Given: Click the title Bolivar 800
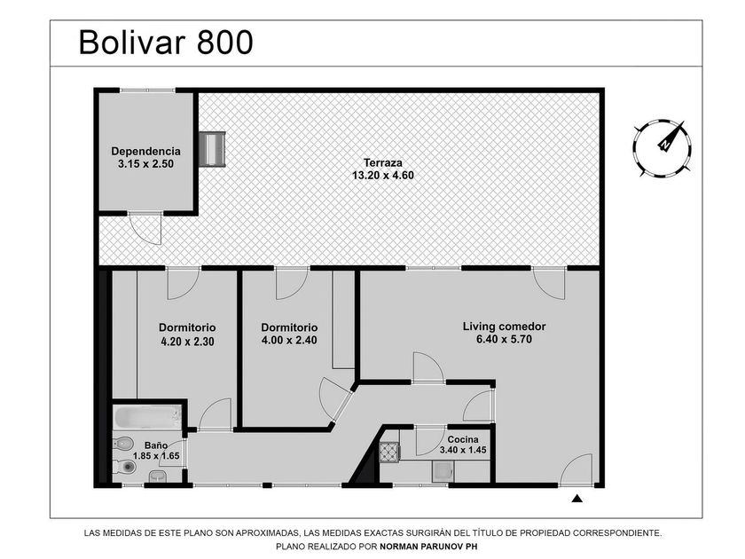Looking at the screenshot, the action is coord(166,43).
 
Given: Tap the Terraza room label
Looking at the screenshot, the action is coord(383,162).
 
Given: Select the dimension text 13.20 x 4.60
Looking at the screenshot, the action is coord(383,176).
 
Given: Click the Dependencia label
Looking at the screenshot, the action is coord(145,151).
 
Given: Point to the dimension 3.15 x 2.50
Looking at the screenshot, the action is coord(145,164).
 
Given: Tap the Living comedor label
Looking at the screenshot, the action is coord(504,327).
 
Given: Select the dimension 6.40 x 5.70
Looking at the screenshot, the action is coord(504,339).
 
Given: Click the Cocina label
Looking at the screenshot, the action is coord(463,440).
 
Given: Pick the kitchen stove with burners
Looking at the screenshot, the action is coord(389,452).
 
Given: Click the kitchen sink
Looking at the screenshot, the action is coord(443,472).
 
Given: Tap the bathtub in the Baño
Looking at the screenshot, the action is coord(148,417).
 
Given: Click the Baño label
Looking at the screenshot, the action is coord(156,445).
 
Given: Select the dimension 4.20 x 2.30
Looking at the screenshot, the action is coord(187,342).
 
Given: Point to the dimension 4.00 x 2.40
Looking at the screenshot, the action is coord(289,341).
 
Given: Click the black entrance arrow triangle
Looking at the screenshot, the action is coord(577,499).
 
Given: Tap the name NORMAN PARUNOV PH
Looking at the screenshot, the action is coord(428,547).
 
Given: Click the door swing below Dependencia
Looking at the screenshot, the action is coord(145,229).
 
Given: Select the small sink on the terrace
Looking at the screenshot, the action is coord(212,149).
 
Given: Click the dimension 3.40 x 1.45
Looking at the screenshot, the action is coord(463,450).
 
